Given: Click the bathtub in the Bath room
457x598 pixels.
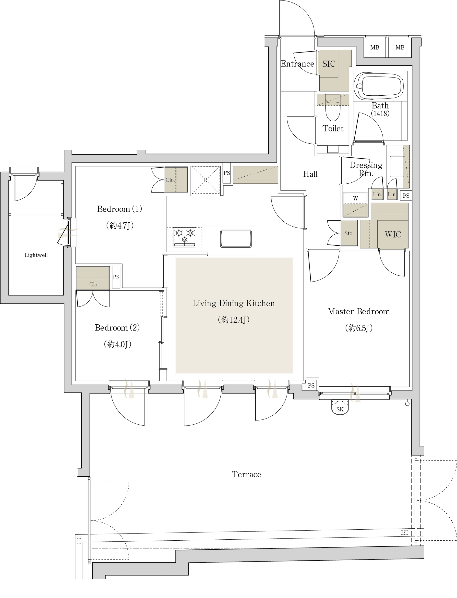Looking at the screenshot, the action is [x=380, y=85].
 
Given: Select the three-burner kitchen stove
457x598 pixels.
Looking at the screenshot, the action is [x=185, y=237].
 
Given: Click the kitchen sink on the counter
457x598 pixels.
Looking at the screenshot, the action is [x=236, y=239].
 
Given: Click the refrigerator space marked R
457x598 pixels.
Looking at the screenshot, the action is [x=206, y=180].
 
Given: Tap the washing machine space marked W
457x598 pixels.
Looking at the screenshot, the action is [x=355, y=205].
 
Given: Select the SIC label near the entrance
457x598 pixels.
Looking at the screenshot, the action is [x=329, y=64].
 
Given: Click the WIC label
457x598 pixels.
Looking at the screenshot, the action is [x=393, y=234].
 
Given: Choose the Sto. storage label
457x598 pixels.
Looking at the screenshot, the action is [x=349, y=233].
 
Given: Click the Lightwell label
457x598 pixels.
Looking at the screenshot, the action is [x=36, y=255].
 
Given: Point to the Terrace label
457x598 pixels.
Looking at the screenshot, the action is [x=246, y=475].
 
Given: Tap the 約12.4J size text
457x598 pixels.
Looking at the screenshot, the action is [x=234, y=320].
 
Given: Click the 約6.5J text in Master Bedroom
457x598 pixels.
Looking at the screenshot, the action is [x=359, y=328].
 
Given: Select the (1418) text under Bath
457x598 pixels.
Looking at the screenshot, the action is [x=380, y=114].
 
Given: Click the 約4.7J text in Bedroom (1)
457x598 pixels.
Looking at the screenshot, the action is [x=120, y=226].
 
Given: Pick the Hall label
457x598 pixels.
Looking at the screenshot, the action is [x=310, y=174].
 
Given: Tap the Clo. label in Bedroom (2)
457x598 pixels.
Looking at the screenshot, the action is [x=94, y=285].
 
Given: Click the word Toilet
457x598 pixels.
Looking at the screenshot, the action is [x=333, y=128].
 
